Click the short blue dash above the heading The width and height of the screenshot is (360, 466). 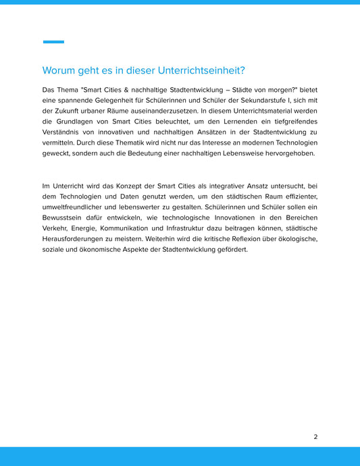[53, 42]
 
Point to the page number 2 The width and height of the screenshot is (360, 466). [315, 437]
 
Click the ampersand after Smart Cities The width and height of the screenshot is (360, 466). [136, 89]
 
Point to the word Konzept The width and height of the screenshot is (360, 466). [128, 185]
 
